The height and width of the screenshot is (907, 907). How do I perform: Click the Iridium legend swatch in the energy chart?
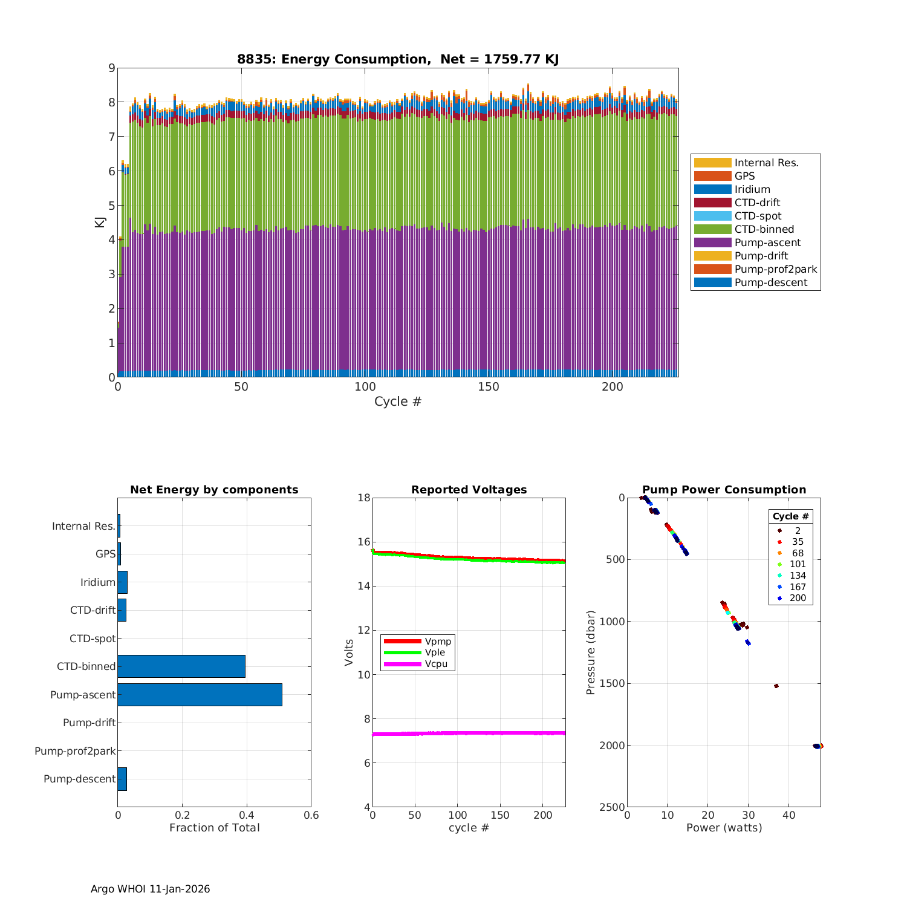click(712, 189)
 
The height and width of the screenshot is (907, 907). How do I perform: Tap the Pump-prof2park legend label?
click(775, 269)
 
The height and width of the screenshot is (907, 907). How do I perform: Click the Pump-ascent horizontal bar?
click(200, 695)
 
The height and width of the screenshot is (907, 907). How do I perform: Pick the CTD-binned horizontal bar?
click(181, 666)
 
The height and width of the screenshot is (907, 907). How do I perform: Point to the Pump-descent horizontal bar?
click(122, 779)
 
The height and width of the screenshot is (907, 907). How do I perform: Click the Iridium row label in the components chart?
click(98, 582)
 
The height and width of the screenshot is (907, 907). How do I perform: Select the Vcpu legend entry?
click(438, 664)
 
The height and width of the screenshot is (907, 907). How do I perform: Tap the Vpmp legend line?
click(402, 641)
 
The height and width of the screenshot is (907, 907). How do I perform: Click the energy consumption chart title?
click(397, 59)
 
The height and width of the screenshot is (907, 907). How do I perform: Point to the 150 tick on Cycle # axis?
click(488, 387)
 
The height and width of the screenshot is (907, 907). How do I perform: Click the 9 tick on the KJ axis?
click(111, 68)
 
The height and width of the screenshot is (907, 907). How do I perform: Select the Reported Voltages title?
click(469, 490)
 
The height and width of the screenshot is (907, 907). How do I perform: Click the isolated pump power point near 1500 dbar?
click(776, 686)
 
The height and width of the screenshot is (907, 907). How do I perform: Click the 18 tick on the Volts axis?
click(363, 498)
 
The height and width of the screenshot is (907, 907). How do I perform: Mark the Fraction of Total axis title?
click(214, 828)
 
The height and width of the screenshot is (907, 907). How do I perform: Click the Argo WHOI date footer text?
click(150, 889)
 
